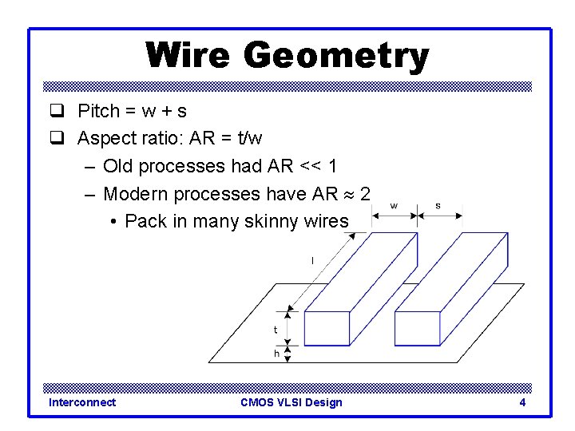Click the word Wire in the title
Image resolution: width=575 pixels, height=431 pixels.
point(189,56)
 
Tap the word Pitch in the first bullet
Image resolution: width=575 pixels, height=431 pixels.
point(97,111)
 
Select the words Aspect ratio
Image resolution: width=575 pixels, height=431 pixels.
point(125,138)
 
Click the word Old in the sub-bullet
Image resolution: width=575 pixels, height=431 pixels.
point(118,166)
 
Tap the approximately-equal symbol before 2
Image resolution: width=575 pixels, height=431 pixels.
point(348,194)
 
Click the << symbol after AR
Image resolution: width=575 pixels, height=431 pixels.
point(311,166)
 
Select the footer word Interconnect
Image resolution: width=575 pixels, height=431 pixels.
point(82,402)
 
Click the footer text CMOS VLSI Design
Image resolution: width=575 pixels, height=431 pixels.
point(291,402)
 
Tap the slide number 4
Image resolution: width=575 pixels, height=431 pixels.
point(522,402)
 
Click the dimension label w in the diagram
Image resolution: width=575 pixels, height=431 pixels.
point(395,206)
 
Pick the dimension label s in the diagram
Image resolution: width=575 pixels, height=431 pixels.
point(438,206)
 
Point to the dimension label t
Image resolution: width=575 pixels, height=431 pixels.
point(276,329)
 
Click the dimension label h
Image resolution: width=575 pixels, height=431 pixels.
point(276,353)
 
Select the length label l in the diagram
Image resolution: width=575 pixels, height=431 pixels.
point(311,260)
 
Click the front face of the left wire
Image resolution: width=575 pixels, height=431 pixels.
point(328,328)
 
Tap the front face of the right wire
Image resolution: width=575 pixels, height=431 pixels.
point(418,328)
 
